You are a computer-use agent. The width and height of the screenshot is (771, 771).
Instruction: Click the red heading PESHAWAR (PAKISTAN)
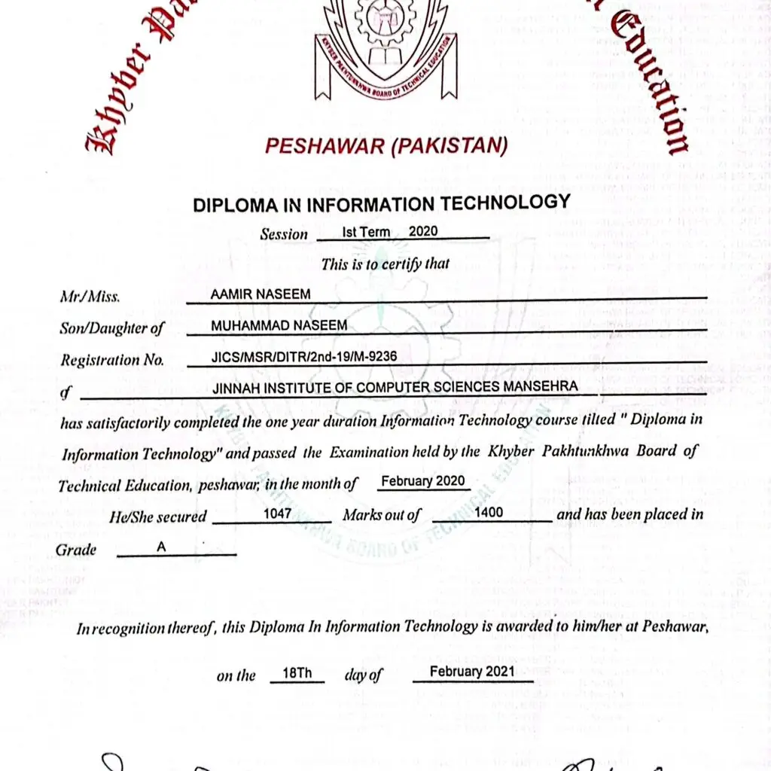point(386,145)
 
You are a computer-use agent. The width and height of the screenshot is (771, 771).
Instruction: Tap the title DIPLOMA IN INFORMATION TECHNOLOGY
point(382,204)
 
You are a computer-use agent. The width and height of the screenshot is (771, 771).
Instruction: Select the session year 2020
point(422,232)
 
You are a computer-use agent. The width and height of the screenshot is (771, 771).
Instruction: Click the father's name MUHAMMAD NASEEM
point(279,325)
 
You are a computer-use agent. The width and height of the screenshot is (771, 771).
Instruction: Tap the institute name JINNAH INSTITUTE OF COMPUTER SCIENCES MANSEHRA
point(395,387)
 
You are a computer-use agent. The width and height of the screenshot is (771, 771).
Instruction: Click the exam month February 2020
point(422,481)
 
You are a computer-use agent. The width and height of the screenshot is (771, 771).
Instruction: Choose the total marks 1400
point(489,513)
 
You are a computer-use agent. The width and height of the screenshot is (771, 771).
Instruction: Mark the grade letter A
point(161,547)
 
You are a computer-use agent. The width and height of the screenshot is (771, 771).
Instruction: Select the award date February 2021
point(472,671)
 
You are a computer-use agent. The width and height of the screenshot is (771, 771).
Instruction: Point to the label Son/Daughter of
point(111,328)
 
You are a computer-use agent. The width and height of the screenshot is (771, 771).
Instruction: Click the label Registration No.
point(111,360)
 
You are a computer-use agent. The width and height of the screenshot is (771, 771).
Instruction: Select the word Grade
point(76,550)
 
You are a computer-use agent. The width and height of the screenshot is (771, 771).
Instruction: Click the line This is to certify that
point(385,264)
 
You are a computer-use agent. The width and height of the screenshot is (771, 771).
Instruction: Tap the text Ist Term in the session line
point(366,232)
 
